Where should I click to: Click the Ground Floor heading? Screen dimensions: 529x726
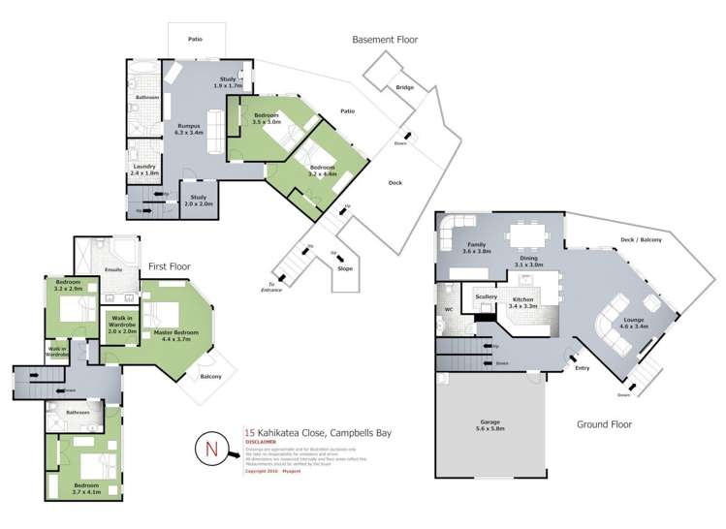[604, 423]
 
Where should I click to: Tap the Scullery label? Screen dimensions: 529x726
[486, 296]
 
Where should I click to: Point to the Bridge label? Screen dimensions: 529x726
[404, 88]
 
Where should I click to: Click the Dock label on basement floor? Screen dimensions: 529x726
[395, 182]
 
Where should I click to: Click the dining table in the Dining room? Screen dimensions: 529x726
[524, 234]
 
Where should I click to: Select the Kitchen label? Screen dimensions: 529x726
[522, 302]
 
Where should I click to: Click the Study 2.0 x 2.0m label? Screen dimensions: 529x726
[197, 201]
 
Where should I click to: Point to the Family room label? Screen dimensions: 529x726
[477, 247]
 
